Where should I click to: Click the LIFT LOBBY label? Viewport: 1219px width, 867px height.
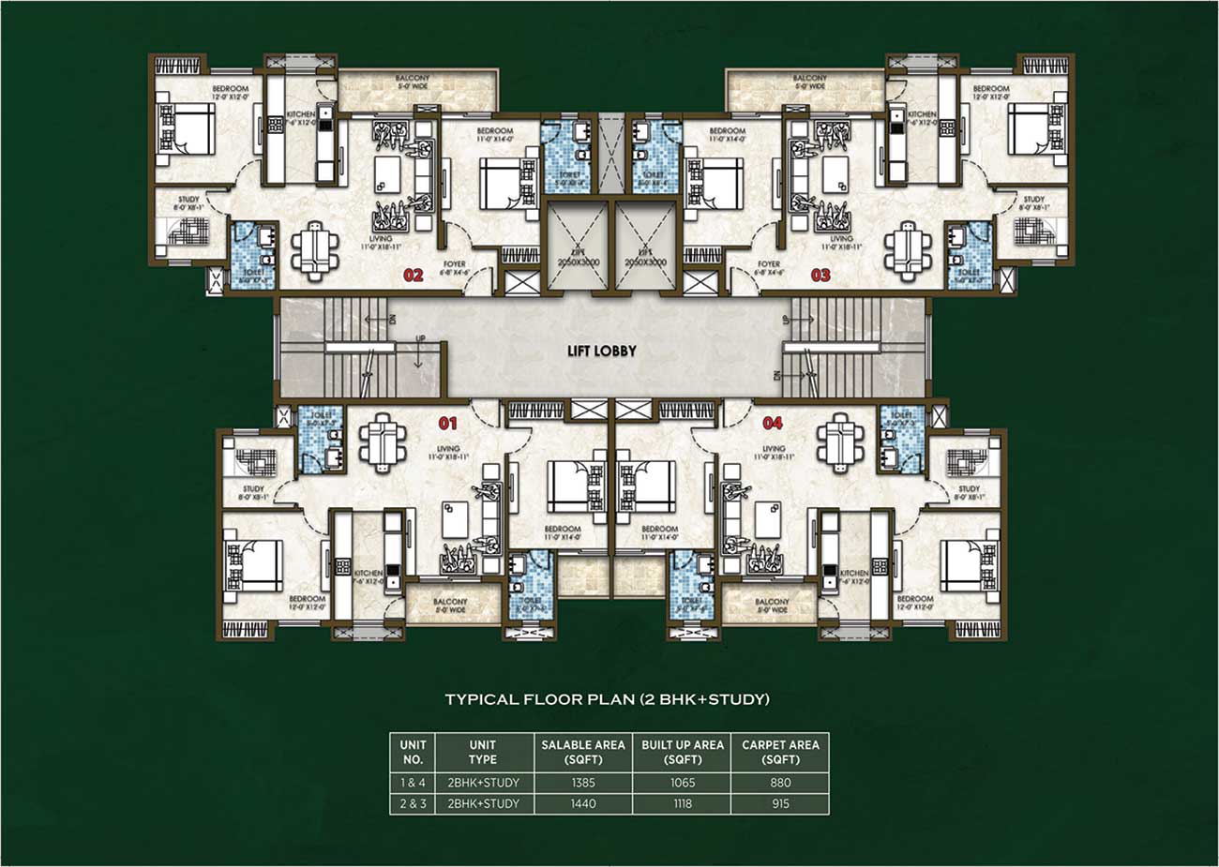pos(601,351)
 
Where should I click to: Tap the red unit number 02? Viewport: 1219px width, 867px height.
pos(414,276)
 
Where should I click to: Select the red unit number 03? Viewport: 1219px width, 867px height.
pos(820,276)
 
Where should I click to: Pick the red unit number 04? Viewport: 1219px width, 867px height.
pos(772,423)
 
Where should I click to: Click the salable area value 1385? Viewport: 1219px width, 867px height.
pos(583,783)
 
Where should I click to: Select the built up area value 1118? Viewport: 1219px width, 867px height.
pos(683,803)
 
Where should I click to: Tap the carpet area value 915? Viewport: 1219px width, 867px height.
pos(780,803)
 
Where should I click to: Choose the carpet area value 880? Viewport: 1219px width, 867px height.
pos(780,783)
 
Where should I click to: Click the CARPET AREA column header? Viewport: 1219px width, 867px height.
pos(780,752)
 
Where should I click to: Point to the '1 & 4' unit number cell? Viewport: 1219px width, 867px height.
pos(412,783)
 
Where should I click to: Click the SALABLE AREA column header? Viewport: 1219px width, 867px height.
pos(583,752)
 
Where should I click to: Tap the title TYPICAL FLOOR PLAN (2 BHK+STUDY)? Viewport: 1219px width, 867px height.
pos(607,699)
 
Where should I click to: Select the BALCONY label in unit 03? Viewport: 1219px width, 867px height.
pos(809,79)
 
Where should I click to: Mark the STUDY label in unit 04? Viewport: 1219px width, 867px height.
pos(969,489)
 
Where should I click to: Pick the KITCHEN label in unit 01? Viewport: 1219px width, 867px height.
pos(369,573)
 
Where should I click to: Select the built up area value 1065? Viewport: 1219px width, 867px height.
pos(683,783)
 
